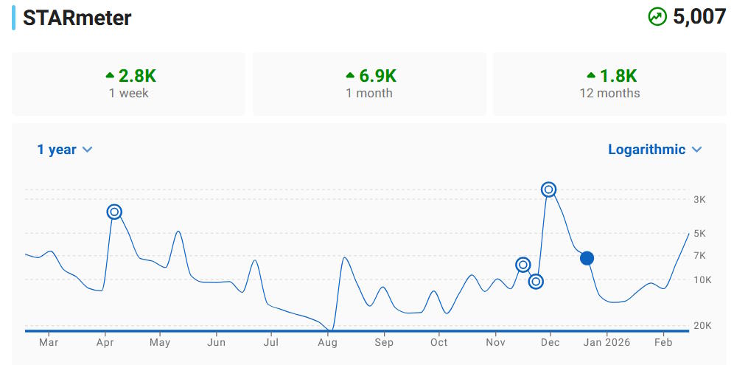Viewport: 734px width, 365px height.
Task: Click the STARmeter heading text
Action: coord(77,18)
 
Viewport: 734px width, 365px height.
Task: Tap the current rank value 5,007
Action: coord(699,17)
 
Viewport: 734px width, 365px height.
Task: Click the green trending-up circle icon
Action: coord(657,17)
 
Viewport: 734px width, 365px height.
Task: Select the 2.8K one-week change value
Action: coord(137,75)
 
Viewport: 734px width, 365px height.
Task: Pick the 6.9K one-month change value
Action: coord(377,75)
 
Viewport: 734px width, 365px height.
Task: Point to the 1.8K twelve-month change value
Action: coord(618,75)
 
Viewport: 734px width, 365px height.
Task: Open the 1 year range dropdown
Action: coord(65,150)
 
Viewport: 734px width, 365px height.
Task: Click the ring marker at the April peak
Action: coord(114,212)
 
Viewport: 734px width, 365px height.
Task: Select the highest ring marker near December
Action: coord(548,190)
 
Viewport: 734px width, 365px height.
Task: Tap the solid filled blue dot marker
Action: coord(587,258)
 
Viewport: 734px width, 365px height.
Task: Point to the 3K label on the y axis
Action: coord(699,200)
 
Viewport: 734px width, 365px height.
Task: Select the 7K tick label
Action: coord(699,256)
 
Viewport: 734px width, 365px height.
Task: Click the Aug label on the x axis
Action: coord(327,342)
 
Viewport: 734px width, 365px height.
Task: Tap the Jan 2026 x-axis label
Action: coord(607,342)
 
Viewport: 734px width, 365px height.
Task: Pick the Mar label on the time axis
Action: coord(49,342)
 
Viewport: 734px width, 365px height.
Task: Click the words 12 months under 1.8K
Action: coord(609,94)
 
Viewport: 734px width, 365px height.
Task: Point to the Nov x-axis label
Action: coord(496,342)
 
